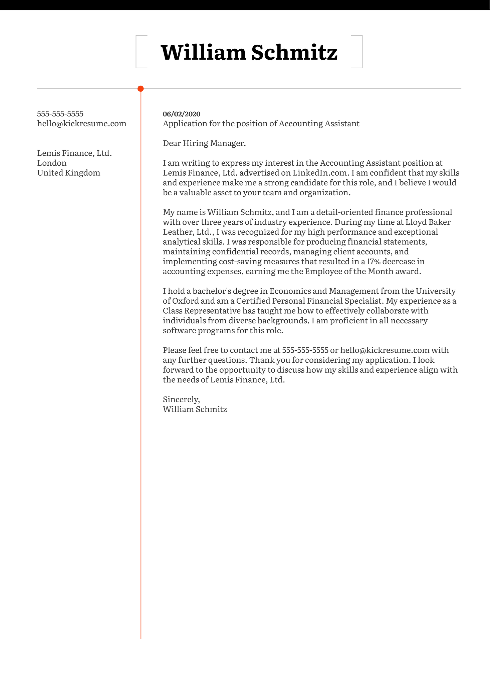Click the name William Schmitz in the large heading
point(249,52)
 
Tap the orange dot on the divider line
point(141,89)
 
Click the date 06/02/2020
point(182,114)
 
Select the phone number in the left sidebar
point(60,114)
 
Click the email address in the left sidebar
point(81,124)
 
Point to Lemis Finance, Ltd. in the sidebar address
point(74,153)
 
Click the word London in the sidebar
point(52,163)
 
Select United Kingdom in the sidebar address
point(68,173)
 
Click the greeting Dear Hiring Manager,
point(204,143)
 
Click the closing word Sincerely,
point(181,399)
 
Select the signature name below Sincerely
point(195,409)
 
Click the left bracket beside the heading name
point(137,52)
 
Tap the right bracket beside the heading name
point(361,52)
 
